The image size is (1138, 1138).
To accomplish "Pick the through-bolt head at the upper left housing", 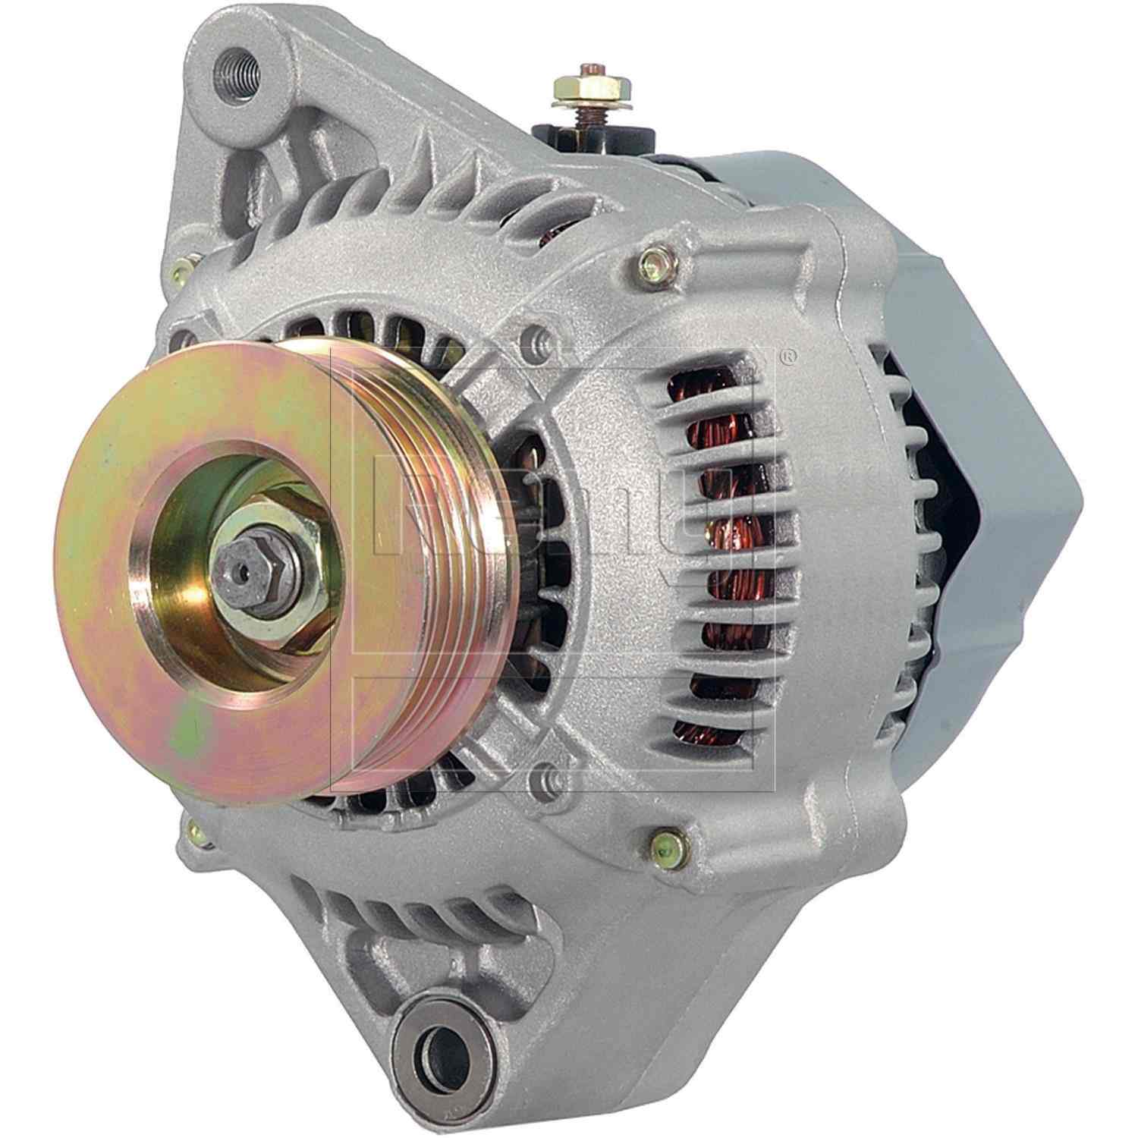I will [182, 268].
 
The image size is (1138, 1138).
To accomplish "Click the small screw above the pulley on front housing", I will [535, 335].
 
